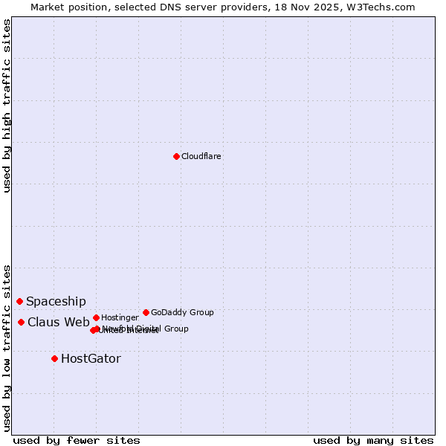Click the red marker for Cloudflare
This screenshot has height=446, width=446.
click(x=176, y=156)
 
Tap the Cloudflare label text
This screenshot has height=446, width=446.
click(x=201, y=157)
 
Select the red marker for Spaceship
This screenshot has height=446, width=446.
click(x=19, y=301)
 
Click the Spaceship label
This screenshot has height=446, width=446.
click(x=56, y=301)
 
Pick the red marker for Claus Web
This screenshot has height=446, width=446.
click(x=21, y=322)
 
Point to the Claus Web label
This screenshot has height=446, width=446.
click(x=59, y=322)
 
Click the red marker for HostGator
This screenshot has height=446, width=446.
click(x=54, y=358)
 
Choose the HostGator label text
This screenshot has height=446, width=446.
click(x=91, y=359)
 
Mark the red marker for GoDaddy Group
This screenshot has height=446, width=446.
click(x=146, y=312)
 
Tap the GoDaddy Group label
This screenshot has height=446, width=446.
click(x=182, y=312)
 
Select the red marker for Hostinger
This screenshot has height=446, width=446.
click(x=96, y=317)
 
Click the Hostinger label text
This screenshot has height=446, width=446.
click(x=120, y=318)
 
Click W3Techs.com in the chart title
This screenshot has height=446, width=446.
click(x=385, y=7)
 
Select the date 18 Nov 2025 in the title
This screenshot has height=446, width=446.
click(x=320, y=7)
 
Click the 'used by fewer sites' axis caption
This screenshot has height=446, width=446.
click(x=77, y=440)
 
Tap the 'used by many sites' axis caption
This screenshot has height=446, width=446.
click(x=373, y=440)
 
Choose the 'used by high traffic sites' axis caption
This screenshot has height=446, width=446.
click(x=7, y=106)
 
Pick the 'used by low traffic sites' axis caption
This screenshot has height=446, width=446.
click(x=7, y=347)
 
